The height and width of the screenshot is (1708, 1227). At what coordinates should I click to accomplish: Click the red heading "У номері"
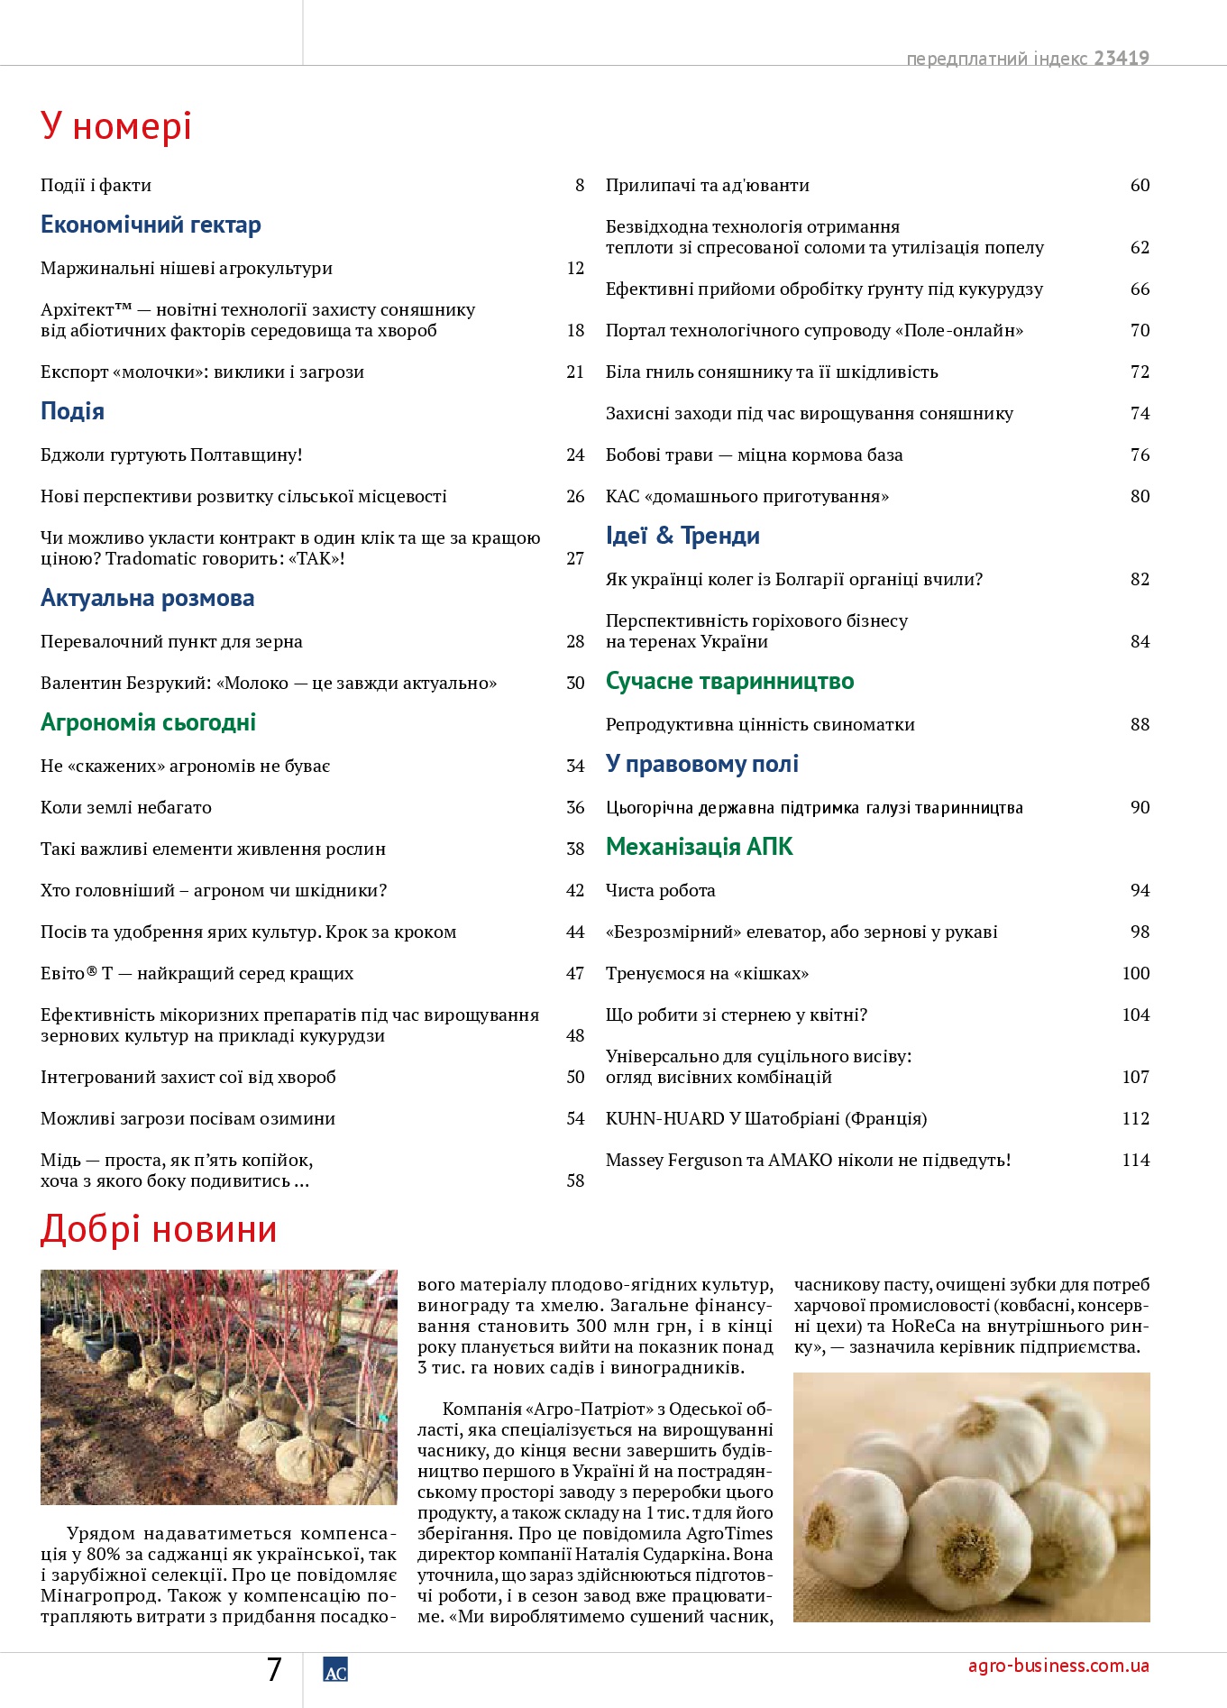(115, 126)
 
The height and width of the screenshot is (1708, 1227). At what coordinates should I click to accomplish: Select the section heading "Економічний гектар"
(151, 225)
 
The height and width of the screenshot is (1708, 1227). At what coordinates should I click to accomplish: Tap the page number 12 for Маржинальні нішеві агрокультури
(575, 268)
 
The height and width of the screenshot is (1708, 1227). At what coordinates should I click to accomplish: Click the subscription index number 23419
(1122, 58)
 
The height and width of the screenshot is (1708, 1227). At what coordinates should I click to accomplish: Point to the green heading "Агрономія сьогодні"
(148, 722)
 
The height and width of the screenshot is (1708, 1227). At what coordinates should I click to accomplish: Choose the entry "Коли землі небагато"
(126, 807)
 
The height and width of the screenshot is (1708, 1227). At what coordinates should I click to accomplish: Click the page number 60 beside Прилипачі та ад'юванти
(1140, 185)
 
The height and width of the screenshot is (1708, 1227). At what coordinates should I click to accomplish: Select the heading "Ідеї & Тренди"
(682, 536)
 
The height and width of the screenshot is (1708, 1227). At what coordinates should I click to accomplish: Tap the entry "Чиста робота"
(661, 890)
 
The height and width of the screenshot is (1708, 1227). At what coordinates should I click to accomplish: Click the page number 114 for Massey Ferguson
(1135, 1160)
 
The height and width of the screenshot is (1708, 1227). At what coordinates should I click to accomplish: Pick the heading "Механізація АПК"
(700, 847)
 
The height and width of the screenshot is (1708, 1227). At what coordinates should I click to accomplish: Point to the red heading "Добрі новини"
(159, 1230)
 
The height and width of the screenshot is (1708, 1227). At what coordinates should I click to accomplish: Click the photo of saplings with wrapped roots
(218, 1387)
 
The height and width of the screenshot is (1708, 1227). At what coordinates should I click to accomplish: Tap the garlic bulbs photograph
(971, 1497)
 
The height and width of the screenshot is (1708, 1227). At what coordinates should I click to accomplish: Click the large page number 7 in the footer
(274, 1670)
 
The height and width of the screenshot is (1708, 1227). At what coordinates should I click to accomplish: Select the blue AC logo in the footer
(335, 1671)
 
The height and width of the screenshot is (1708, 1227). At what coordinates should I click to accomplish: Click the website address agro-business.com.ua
(1058, 1666)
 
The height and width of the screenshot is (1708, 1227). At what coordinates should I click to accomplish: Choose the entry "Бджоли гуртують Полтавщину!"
(171, 455)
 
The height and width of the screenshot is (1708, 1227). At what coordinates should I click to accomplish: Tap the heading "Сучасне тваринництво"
(729, 681)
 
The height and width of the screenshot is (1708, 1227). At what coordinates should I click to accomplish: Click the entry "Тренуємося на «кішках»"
(707, 973)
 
